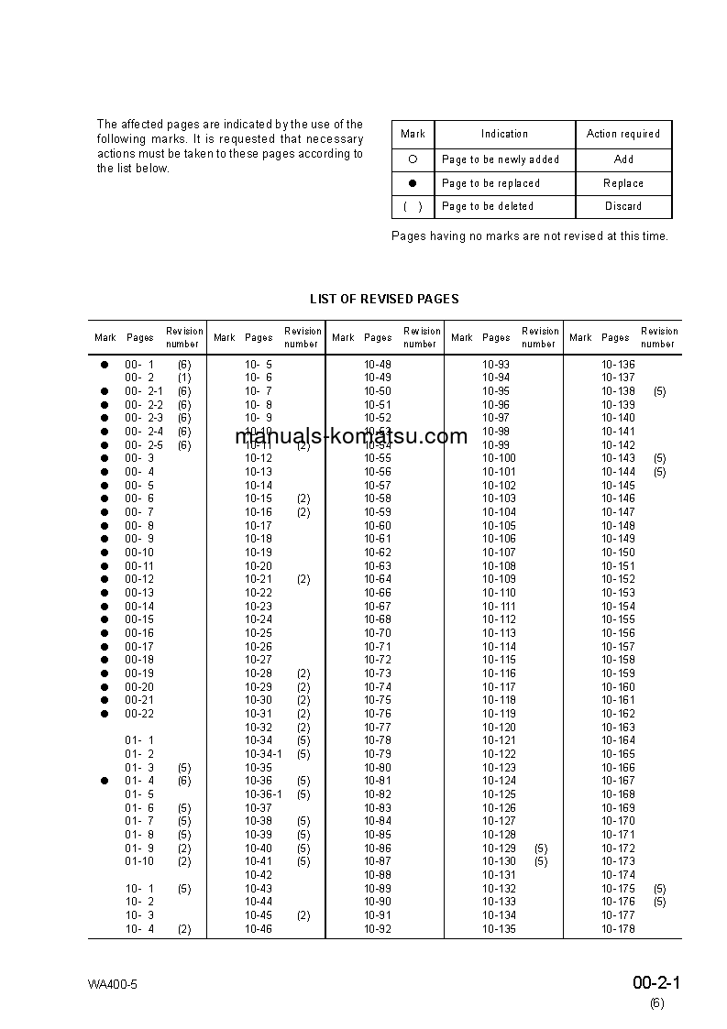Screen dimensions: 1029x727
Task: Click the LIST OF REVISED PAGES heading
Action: point(384,299)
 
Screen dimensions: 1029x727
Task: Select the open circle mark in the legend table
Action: point(413,159)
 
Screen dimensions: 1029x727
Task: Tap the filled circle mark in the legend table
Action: point(413,183)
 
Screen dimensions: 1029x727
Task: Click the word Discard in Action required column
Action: point(623,206)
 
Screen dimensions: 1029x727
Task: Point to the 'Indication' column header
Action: point(504,134)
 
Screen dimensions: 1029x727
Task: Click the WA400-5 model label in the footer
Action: point(113,985)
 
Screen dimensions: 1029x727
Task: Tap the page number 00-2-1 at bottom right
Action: point(656,983)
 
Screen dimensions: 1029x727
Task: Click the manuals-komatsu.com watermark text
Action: point(351,436)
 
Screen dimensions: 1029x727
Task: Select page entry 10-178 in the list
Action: point(618,929)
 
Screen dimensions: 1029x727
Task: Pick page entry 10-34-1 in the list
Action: point(263,754)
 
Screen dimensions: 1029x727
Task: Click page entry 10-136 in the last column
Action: point(618,365)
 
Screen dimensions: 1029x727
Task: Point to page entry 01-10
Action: point(139,861)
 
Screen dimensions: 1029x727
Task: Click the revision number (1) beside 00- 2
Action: point(184,378)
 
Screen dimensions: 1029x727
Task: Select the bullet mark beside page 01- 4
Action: point(105,781)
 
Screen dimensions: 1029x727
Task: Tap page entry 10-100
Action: point(499,458)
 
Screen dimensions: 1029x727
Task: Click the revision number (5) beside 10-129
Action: point(541,848)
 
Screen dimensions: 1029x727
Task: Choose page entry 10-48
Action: point(378,365)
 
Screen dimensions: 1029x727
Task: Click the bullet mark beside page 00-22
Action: point(105,714)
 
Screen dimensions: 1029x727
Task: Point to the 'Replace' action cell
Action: point(623,183)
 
